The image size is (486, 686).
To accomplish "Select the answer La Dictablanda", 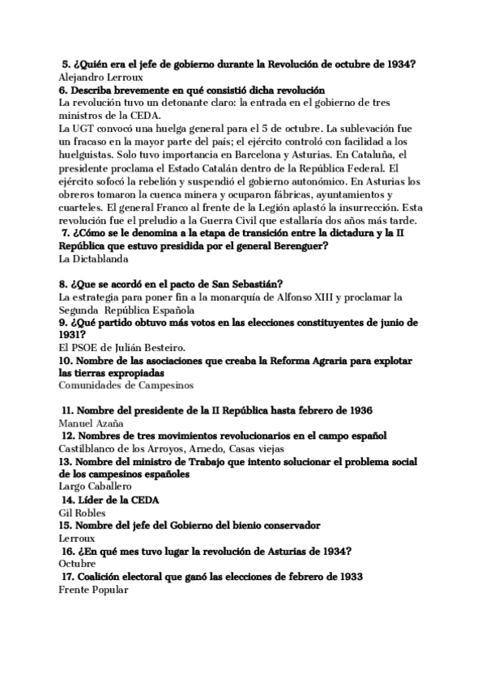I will point(94,259).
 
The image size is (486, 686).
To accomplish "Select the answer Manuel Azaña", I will point(92,423).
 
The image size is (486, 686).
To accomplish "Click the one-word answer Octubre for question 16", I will point(78,563).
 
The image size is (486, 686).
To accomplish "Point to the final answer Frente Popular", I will point(94,589).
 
